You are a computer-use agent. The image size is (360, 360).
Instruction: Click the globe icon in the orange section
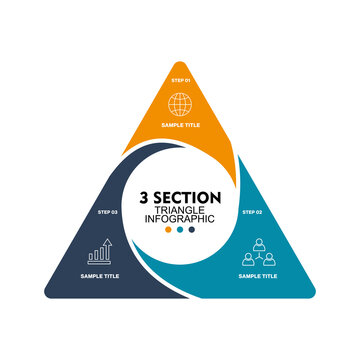(180, 103)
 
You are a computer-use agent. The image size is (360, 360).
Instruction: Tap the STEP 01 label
(180, 78)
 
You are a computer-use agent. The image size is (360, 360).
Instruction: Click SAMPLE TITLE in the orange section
(180, 127)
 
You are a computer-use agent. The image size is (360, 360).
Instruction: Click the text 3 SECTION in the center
(180, 196)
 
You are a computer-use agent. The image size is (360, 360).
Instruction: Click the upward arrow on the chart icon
(106, 243)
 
